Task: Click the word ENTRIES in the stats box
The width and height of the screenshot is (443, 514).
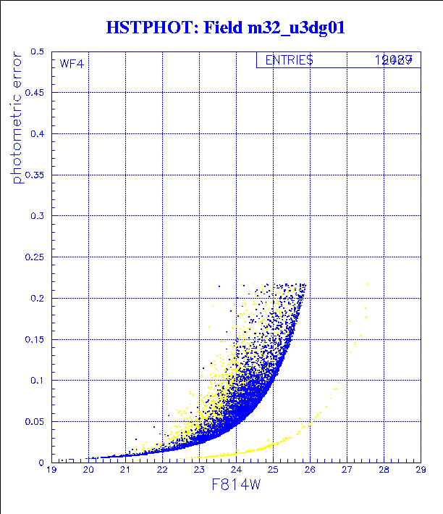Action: pos(289,60)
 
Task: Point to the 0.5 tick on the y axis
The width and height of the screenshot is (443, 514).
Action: pos(38,52)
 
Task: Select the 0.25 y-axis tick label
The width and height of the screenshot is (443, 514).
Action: pos(34,257)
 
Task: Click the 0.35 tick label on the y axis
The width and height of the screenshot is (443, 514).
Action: pos(34,175)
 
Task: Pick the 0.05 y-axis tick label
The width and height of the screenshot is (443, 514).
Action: pos(34,421)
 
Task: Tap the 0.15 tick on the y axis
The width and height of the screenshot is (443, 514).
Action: pos(34,339)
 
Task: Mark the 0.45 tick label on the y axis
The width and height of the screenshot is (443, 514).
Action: pos(34,94)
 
